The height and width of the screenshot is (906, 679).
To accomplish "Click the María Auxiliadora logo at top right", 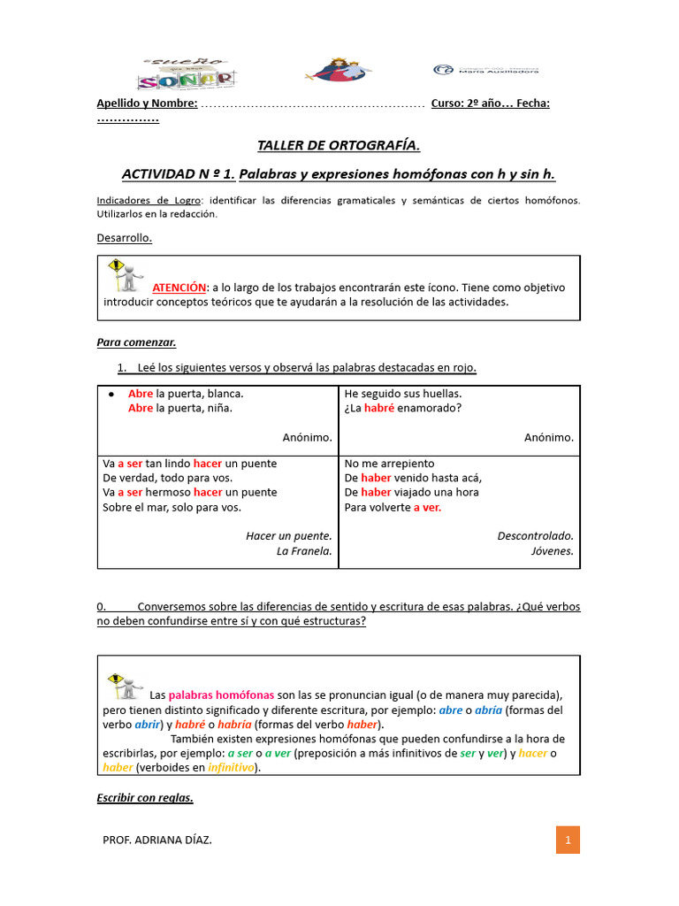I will pyautogui.click(x=486, y=70).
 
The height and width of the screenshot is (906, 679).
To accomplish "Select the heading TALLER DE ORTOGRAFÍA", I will pyautogui.click(x=339, y=145).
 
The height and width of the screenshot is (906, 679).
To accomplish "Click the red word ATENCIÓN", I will pyautogui.click(x=179, y=288).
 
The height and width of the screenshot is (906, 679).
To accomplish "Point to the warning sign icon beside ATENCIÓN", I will pyautogui.click(x=125, y=275).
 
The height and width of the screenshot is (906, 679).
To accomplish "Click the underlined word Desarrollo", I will pyautogui.click(x=124, y=237).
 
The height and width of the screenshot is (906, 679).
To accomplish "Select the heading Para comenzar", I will pyautogui.click(x=136, y=342).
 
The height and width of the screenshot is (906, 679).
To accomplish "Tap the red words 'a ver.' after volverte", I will pyautogui.click(x=427, y=507).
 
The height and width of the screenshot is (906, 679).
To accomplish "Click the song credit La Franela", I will pyautogui.click(x=304, y=550).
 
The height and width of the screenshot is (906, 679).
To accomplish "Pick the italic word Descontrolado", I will pyautogui.click(x=535, y=535).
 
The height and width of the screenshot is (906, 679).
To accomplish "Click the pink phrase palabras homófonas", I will pyautogui.click(x=221, y=695).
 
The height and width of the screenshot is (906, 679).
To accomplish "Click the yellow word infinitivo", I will pyautogui.click(x=230, y=767).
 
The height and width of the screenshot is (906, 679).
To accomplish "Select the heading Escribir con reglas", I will pyautogui.click(x=144, y=797).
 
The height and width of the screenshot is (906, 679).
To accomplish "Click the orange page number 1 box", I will pyautogui.click(x=568, y=840).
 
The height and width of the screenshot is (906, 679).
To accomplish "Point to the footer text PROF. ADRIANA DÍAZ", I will pyautogui.click(x=157, y=840).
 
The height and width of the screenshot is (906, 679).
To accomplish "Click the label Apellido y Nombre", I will pyautogui.click(x=147, y=104).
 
